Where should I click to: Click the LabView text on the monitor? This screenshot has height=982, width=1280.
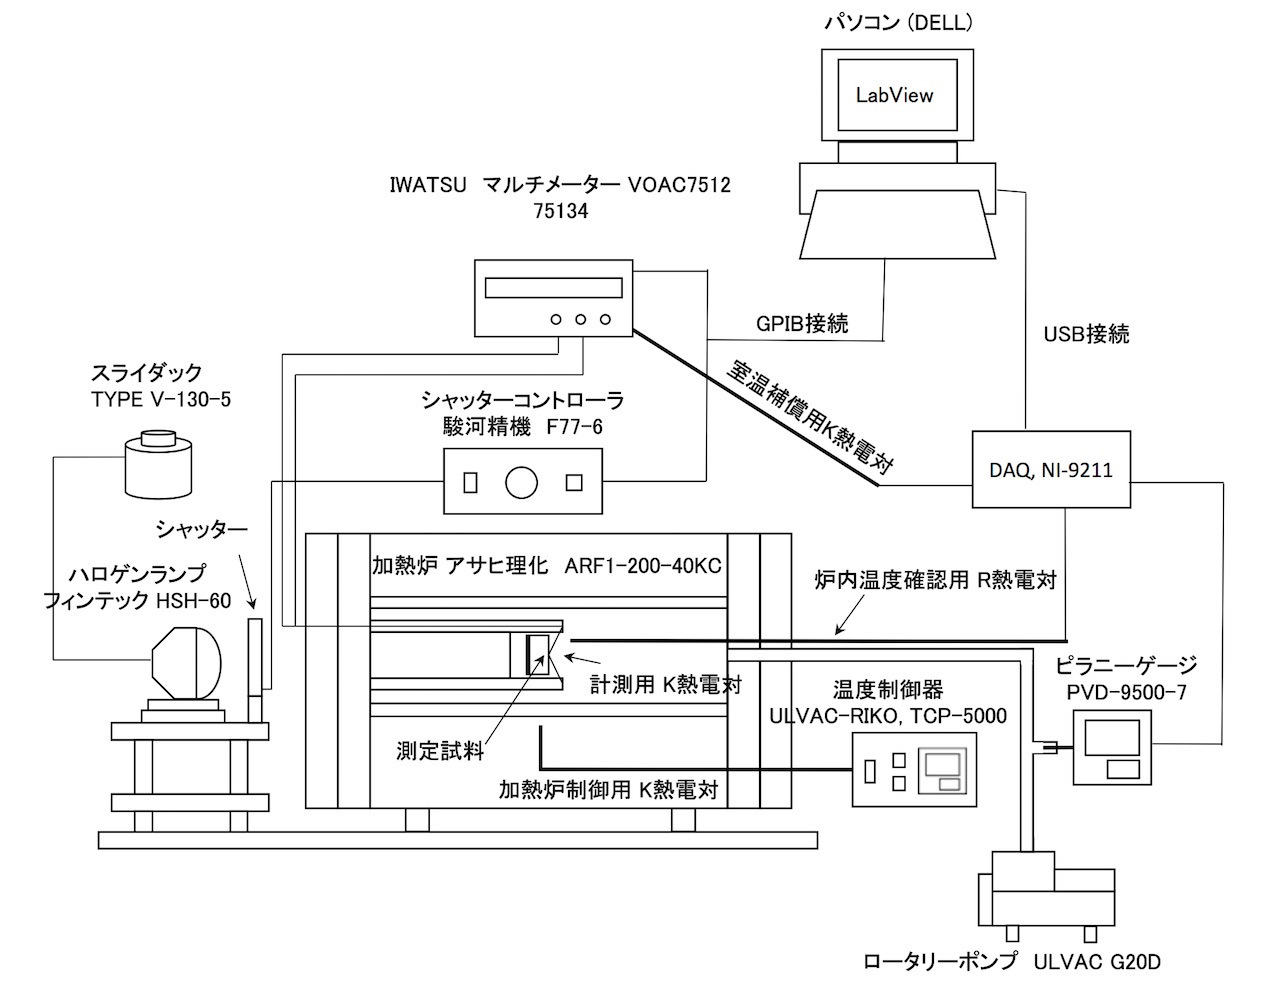click(894, 95)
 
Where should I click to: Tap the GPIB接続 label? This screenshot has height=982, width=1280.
click(802, 323)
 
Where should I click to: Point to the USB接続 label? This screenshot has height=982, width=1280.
click(1085, 334)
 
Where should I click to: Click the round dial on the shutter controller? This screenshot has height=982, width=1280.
click(521, 482)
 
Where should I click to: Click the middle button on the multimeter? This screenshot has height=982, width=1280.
click(580, 320)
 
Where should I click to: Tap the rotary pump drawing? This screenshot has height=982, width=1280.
click(1045, 893)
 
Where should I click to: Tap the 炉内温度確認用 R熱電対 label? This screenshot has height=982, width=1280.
click(935, 580)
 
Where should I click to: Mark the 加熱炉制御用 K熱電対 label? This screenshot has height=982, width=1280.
click(608, 789)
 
